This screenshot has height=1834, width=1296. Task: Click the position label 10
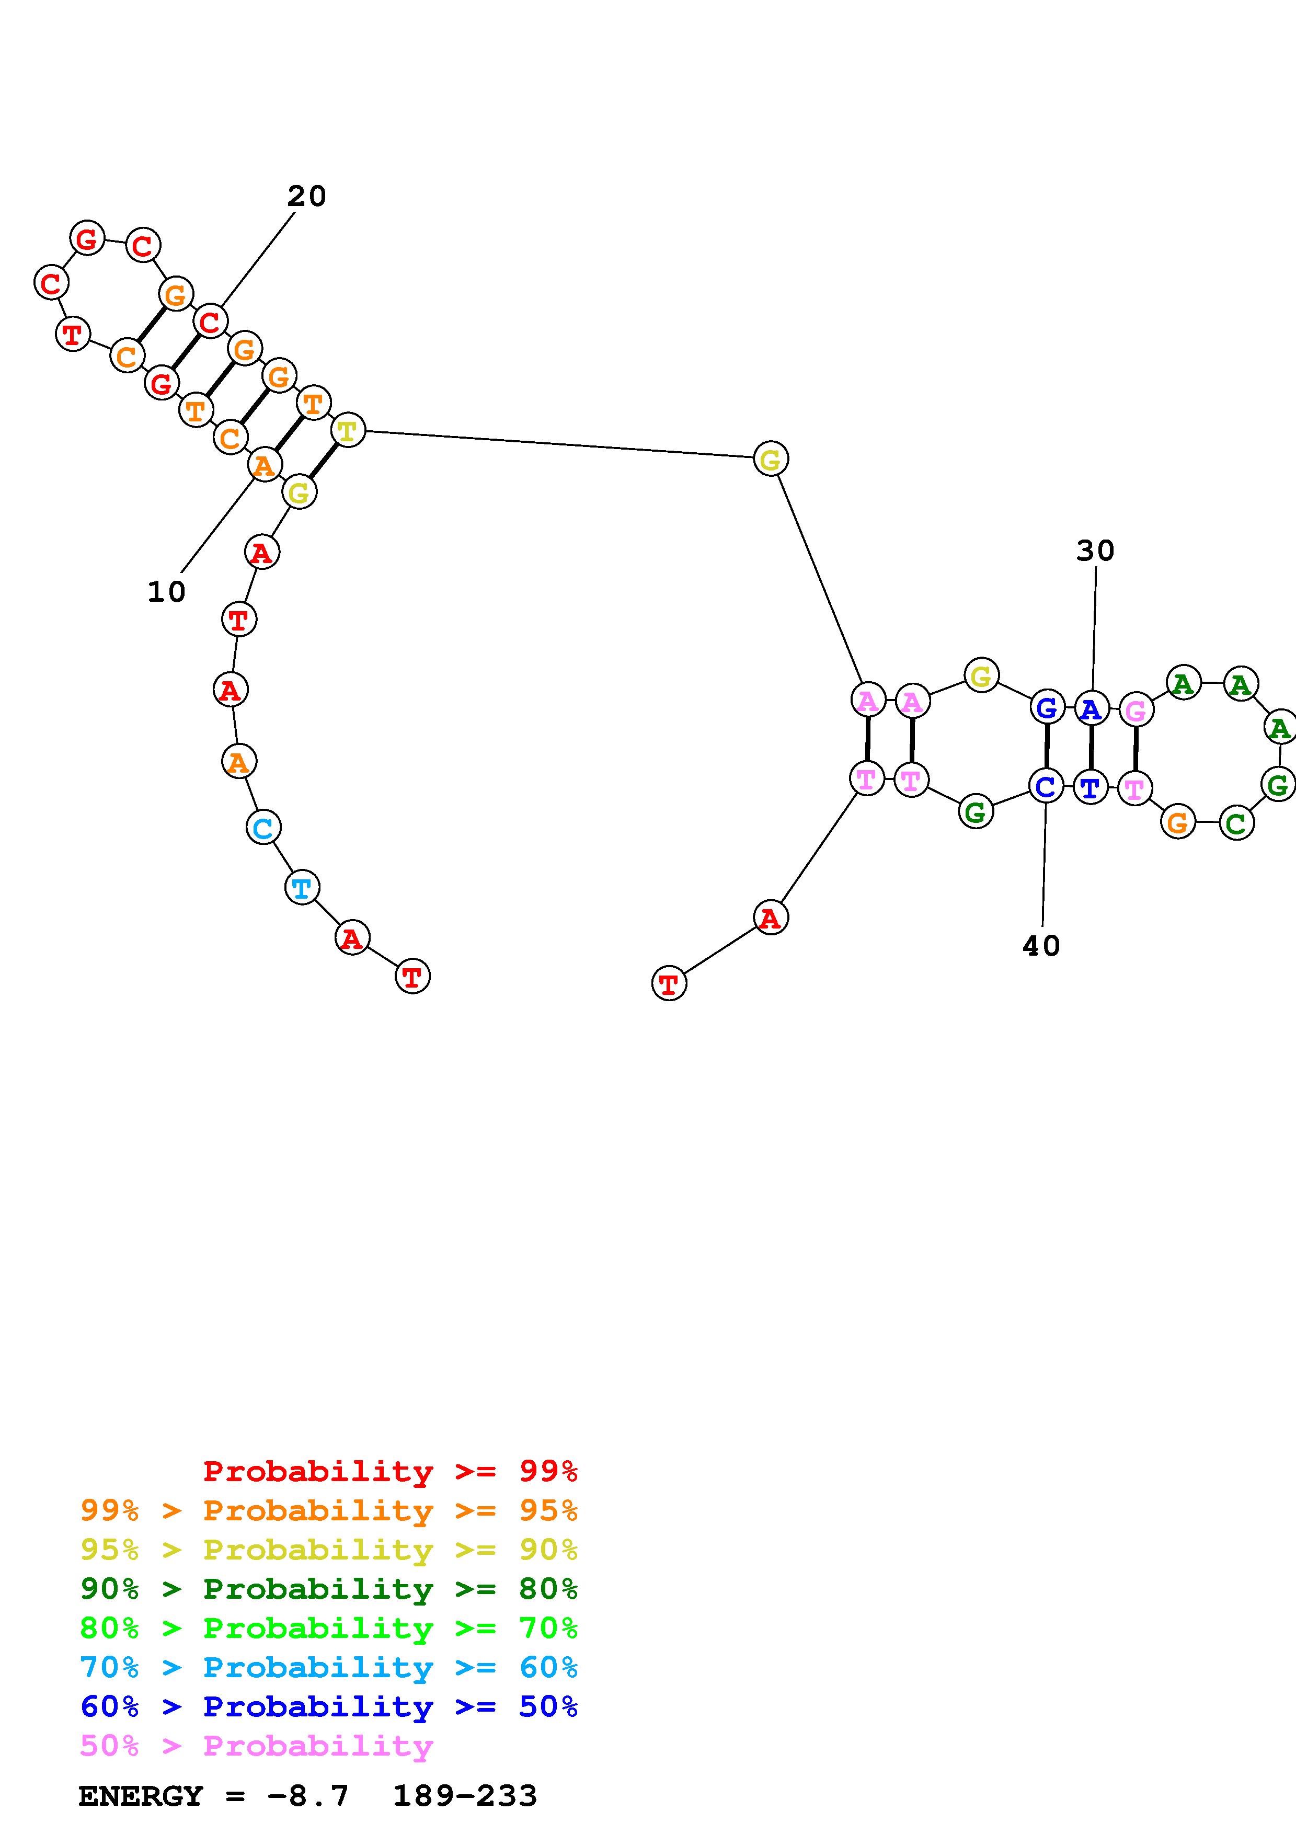(166, 592)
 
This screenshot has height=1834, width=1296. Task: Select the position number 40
(1041, 946)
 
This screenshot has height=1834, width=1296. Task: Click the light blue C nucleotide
(263, 828)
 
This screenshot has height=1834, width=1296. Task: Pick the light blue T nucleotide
(302, 887)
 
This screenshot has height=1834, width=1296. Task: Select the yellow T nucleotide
(347, 431)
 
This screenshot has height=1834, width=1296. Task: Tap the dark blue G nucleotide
(1046, 708)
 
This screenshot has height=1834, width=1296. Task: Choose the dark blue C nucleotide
(1045, 787)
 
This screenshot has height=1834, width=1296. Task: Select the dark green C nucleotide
(1236, 823)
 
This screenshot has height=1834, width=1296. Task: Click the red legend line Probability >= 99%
(389, 1471)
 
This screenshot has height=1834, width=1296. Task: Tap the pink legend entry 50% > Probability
(256, 1745)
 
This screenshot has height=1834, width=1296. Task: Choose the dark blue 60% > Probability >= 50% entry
(328, 1706)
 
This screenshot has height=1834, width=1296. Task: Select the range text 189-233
(465, 1796)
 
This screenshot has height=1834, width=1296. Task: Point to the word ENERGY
(141, 1796)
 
